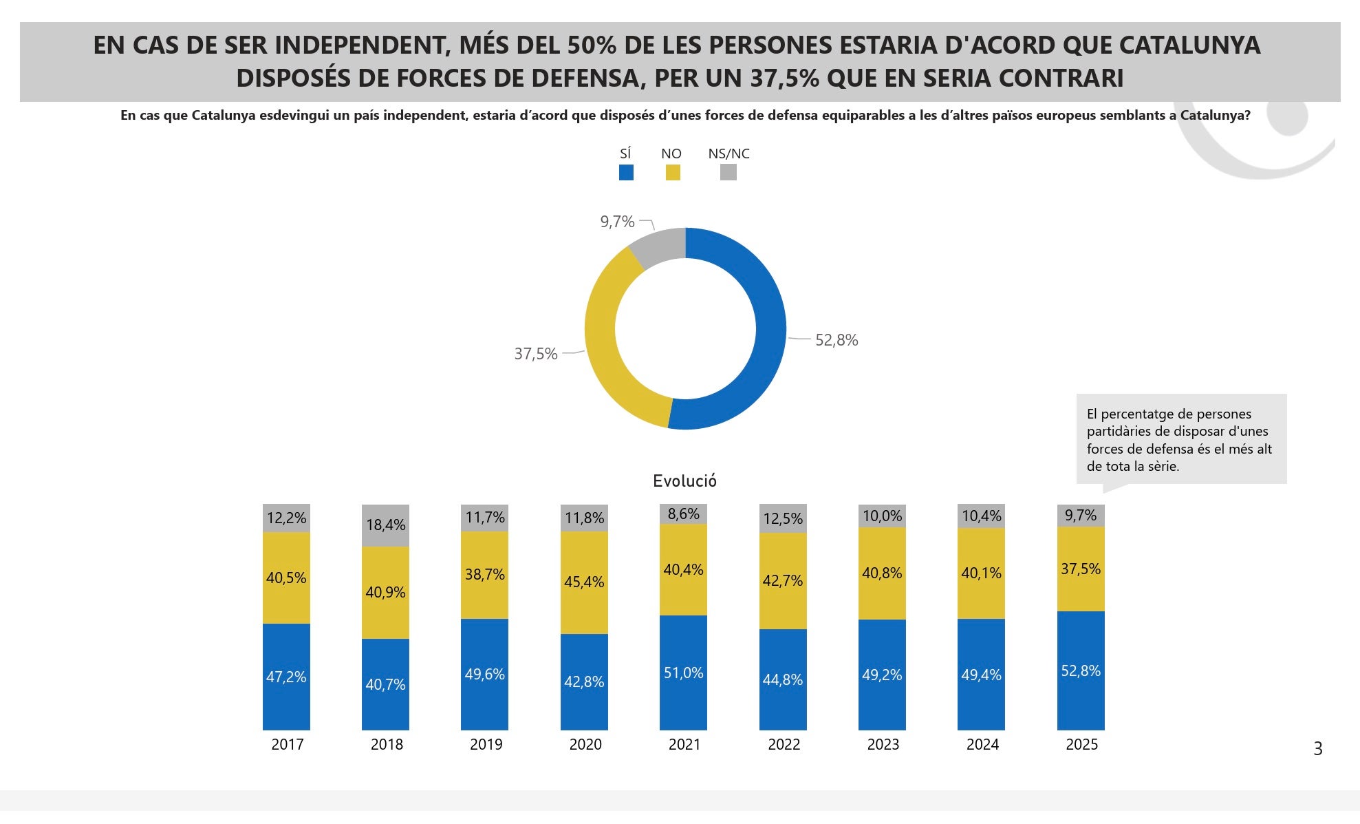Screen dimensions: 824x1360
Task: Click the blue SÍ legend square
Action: pyautogui.click(x=626, y=172)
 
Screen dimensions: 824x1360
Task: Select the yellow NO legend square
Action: pyautogui.click(x=673, y=172)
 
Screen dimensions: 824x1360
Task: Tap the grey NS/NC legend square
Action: pyautogui.click(x=728, y=172)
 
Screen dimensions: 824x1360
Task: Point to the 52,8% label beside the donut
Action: pyautogui.click(x=836, y=340)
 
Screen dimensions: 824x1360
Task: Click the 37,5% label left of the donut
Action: pyautogui.click(x=536, y=354)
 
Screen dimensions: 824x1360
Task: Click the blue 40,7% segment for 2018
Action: pyautogui.click(x=385, y=684)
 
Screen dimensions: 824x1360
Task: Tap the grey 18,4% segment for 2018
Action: pyautogui.click(x=385, y=525)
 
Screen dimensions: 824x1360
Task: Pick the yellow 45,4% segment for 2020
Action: pyautogui.click(x=584, y=582)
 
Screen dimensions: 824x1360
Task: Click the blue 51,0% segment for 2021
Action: pyautogui.click(x=683, y=673)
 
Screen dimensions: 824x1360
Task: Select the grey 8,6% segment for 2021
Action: pyautogui.click(x=683, y=514)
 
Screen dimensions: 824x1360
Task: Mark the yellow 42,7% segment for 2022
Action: pyautogui.click(x=783, y=580)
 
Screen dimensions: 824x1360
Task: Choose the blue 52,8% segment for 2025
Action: pyautogui.click(x=1081, y=670)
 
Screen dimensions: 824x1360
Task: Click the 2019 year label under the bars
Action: pyautogui.click(x=486, y=744)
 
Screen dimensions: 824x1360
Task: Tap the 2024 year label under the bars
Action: pyautogui.click(x=982, y=744)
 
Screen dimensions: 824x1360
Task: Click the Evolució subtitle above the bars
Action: pyautogui.click(x=684, y=481)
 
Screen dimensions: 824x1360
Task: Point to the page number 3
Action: pyautogui.click(x=1317, y=749)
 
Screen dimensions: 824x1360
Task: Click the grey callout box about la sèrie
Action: pyautogui.click(x=1180, y=439)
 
